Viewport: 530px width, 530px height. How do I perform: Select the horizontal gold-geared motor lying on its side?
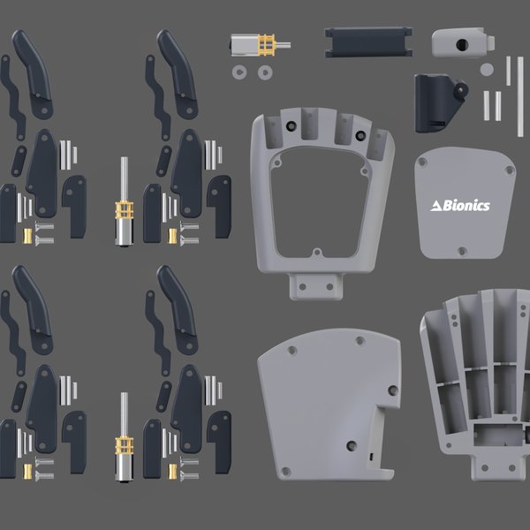pyautogui.click(x=253, y=44)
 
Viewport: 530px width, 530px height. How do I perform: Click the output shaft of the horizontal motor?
pyautogui.click(x=281, y=43)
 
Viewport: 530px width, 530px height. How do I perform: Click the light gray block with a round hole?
pyautogui.click(x=461, y=42)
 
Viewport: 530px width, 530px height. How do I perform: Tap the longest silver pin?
pyautogui.click(x=519, y=96)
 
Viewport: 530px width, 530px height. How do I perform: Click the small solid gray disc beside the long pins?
pyautogui.click(x=486, y=68)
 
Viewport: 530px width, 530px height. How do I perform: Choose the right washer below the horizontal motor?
pyautogui.click(x=264, y=72)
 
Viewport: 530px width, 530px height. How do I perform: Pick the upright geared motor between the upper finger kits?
pyautogui.click(x=124, y=212)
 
